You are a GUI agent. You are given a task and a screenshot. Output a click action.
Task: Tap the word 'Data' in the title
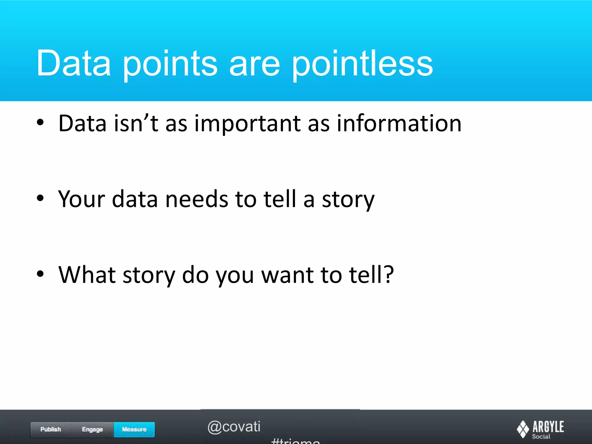[x=73, y=63]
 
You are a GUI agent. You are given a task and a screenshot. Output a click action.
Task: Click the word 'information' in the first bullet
[x=399, y=123]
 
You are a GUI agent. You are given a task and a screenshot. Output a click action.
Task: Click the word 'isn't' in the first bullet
[x=136, y=123]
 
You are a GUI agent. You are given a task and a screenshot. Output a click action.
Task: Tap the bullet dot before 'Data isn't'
[x=40, y=123]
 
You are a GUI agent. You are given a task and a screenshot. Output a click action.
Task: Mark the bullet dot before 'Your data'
[x=40, y=198]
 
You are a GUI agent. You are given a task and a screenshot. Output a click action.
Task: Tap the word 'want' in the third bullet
[x=287, y=275]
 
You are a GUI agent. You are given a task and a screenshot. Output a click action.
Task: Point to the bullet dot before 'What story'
[x=40, y=274]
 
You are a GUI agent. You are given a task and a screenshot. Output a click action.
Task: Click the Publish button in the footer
[x=51, y=430]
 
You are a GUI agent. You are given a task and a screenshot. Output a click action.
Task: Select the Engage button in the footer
[x=92, y=430]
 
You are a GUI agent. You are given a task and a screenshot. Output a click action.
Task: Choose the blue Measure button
[x=134, y=430]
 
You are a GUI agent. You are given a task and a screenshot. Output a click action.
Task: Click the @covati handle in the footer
[x=234, y=427]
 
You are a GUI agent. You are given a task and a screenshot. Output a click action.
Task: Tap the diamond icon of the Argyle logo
[x=523, y=429]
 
